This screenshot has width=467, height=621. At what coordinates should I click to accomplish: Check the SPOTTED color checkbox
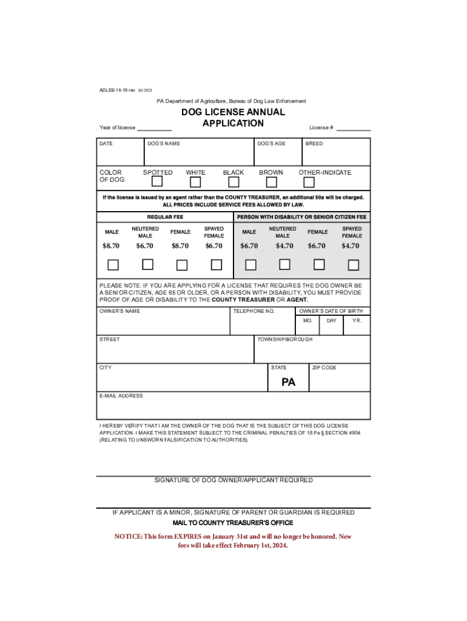click(157, 181)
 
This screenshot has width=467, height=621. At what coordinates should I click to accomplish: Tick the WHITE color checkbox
click(195, 181)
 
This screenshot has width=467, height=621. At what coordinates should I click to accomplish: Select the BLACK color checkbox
click(233, 181)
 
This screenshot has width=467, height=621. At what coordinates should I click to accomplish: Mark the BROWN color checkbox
click(271, 181)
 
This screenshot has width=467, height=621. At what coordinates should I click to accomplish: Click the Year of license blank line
click(154, 129)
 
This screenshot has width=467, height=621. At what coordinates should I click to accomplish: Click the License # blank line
click(354, 129)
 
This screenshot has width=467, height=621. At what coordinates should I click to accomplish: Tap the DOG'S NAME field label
click(164, 144)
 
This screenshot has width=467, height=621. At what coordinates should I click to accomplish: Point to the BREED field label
click(314, 144)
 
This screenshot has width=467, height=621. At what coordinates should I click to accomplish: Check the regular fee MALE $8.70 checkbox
click(113, 264)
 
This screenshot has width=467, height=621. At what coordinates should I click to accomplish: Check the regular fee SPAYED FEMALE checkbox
click(215, 264)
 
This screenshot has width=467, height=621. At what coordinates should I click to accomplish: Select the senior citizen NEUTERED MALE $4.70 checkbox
click(284, 264)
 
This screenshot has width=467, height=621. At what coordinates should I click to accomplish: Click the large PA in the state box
click(289, 383)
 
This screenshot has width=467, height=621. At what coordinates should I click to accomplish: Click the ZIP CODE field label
click(324, 368)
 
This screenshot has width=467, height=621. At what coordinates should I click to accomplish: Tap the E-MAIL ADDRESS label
click(121, 396)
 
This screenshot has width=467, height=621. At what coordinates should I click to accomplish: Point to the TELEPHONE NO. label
click(254, 311)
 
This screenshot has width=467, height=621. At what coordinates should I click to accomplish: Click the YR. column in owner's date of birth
click(357, 321)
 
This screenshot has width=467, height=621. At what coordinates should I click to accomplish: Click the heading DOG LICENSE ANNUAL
click(233, 112)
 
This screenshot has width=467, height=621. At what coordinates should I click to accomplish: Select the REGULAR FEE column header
click(165, 217)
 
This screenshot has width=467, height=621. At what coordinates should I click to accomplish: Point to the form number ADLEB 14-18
click(113, 90)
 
